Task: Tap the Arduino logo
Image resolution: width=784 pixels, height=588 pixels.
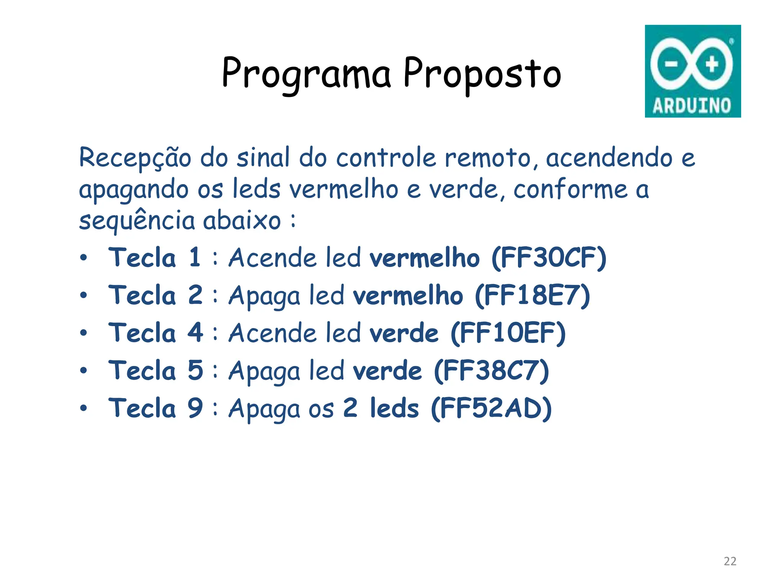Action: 693,71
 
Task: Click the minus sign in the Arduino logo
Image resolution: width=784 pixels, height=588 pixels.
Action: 671,64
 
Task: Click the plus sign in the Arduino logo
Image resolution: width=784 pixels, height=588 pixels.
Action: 712,64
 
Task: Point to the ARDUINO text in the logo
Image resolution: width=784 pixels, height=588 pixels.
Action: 692,106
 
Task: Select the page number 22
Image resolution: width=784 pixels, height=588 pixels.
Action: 730,561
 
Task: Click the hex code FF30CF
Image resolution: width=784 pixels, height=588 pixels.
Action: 549,258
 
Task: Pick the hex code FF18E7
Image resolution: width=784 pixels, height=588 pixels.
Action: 532,296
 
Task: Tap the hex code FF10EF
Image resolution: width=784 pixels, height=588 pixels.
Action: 508,333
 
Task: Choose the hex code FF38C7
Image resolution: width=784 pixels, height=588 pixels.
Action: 492,371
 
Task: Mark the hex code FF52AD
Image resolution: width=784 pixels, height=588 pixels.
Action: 491,408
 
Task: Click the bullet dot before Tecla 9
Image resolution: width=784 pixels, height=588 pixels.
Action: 83,408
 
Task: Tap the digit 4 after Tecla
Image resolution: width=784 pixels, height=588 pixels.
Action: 195,332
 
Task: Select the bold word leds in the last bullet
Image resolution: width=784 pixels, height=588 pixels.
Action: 394,408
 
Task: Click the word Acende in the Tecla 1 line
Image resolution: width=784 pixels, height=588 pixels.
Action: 273,257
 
